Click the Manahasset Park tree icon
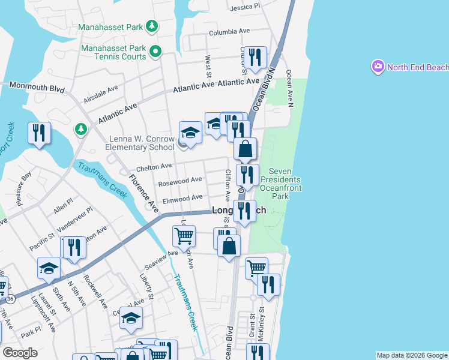(152, 26)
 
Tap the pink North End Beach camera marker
(378, 67)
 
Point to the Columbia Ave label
(229, 31)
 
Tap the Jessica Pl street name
(246, 7)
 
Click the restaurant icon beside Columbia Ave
(257, 58)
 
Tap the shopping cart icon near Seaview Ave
(184, 235)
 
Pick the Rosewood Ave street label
(179, 180)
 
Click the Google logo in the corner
(20, 353)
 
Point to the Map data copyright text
(412, 355)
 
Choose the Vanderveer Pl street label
(74, 219)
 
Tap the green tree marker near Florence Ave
(80, 129)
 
